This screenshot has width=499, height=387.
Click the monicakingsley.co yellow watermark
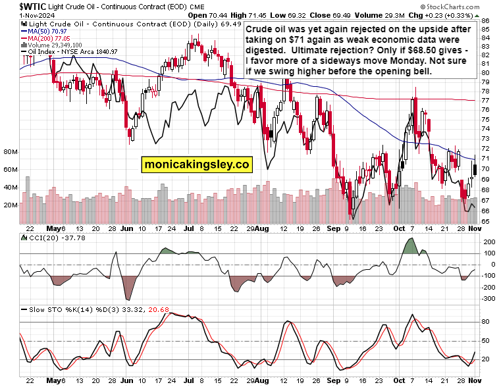coord(196,165)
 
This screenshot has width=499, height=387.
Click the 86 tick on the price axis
coord(485,21)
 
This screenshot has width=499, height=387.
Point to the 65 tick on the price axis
coord(485,221)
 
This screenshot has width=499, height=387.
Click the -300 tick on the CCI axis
coord(488,298)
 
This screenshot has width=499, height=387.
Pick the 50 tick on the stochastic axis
coord(486,341)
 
